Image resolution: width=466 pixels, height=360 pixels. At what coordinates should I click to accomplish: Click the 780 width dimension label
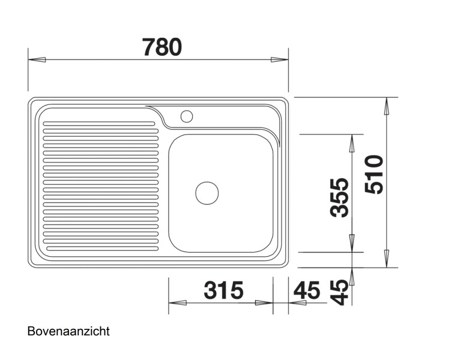(x=162, y=46)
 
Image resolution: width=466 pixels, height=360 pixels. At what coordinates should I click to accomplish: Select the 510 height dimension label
(x=375, y=175)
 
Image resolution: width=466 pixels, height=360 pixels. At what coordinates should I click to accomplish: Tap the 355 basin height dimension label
(x=340, y=197)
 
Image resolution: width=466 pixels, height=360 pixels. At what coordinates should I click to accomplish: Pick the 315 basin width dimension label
(x=223, y=290)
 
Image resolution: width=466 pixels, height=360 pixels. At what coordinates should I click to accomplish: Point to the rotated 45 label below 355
(x=340, y=292)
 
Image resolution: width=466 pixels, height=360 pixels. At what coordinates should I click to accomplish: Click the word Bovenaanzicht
(x=68, y=331)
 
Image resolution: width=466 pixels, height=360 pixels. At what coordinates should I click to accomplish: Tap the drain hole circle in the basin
(x=207, y=193)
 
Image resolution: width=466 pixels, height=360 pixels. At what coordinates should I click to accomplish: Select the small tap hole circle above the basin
(x=186, y=115)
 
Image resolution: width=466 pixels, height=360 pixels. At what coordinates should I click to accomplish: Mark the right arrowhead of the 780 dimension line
(x=279, y=59)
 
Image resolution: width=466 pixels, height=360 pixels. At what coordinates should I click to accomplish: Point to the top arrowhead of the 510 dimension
(x=387, y=106)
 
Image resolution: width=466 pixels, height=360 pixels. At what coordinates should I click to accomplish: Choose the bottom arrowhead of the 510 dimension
(x=387, y=259)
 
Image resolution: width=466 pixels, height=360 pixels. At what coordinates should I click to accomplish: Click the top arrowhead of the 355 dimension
(x=352, y=142)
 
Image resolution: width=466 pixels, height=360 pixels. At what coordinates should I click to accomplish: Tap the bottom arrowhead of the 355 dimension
(x=352, y=243)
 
